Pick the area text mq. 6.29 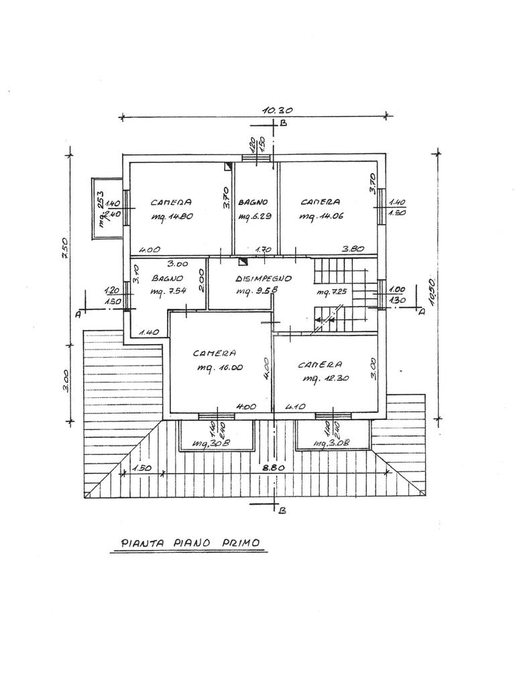tap(254, 216)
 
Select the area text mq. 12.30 tap(324, 379)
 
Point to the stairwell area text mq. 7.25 tap(330, 293)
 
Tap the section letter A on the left tap(78, 313)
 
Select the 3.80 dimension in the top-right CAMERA tap(353, 249)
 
